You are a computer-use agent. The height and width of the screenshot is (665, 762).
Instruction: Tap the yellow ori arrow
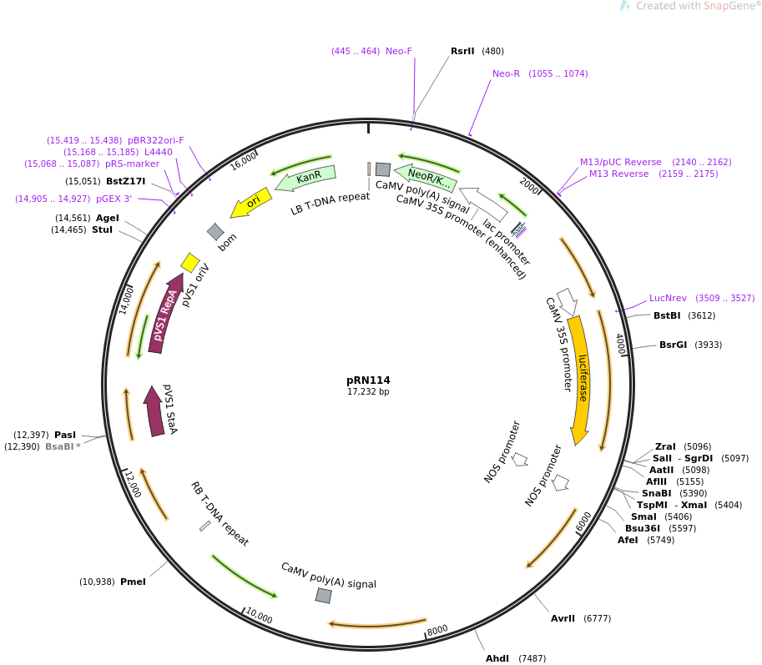tap(250, 202)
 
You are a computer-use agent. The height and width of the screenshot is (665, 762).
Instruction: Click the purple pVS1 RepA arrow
tap(165, 314)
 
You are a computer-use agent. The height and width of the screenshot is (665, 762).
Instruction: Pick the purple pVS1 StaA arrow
tap(154, 411)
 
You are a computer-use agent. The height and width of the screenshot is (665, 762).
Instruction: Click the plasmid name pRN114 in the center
tap(368, 380)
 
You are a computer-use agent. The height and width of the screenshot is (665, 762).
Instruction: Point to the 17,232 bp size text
tap(368, 391)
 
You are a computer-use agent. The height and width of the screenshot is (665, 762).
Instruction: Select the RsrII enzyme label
tap(462, 51)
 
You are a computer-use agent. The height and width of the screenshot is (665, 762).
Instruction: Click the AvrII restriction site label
tap(563, 618)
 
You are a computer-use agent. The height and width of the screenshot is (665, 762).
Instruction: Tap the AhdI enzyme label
tap(497, 658)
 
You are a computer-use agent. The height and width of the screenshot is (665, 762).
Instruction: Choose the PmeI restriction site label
tap(133, 582)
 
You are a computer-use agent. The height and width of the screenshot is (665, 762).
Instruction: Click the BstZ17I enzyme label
tap(125, 181)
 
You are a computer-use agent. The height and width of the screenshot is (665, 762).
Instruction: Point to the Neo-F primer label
tap(398, 51)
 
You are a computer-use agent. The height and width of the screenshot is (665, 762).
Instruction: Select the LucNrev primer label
tap(668, 298)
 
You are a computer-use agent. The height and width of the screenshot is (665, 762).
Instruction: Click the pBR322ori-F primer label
tap(155, 140)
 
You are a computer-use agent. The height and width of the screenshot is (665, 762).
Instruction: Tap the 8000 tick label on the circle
tap(437, 630)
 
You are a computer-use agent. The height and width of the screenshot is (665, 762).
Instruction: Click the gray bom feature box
tap(215, 232)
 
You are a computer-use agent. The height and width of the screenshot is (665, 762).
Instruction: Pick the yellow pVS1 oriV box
tap(190, 262)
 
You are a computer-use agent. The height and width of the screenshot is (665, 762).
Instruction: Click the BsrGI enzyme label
tap(673, 345)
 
